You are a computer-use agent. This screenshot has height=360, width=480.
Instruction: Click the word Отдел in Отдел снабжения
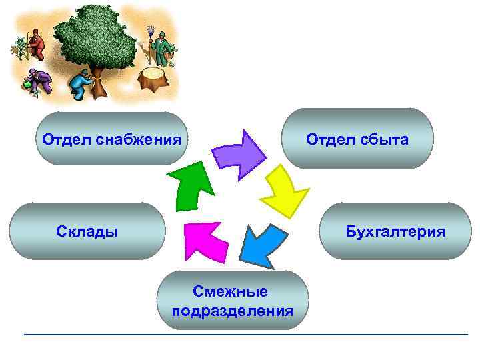point(63,141)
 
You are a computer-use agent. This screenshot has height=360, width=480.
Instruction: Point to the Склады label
point(87,232)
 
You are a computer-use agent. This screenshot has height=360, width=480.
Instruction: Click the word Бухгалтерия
point(395,232)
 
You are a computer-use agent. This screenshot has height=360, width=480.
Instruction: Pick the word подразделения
point(232,311)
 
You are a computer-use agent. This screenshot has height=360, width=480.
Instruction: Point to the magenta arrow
point(205,241)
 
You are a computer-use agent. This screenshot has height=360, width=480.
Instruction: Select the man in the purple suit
point(38,82)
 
